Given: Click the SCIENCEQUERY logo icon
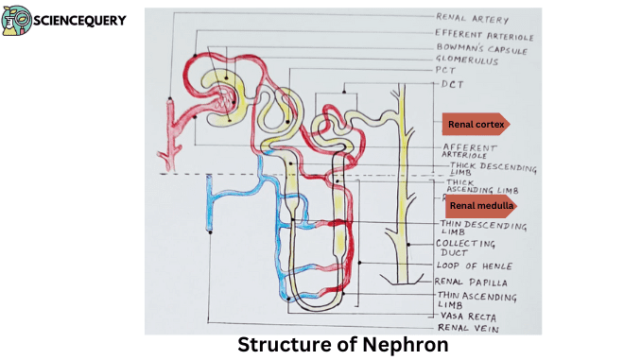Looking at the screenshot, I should (x=16, y=20).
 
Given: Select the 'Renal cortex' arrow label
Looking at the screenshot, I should (x=476, y=124).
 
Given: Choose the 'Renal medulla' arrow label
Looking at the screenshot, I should (x=481, y=204).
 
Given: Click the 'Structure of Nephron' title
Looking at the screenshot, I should (x=341, y=344).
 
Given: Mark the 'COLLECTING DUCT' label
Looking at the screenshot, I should (x=464, y=249).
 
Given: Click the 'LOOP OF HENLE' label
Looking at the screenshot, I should (x=474, y=266).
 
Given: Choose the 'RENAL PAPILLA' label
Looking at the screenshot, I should (x=471, y=282).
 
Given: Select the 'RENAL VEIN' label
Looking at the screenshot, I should (x=467, y=328).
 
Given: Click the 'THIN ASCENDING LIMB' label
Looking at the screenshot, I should (x=476, y=300).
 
